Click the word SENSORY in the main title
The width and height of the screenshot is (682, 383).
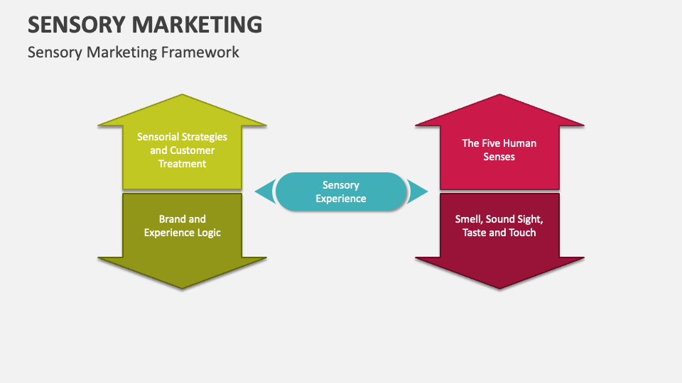point(77,24)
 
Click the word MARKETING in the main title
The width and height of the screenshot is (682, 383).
point(197,24)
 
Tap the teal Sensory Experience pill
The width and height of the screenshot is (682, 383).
point(341,191)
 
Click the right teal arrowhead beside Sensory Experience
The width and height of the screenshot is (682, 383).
point(419,191)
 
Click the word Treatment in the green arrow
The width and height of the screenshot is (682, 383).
point(183,164)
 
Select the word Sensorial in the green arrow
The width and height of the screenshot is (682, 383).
point(158,137)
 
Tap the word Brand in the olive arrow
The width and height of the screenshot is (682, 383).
point(173,219)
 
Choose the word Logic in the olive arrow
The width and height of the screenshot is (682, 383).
point(207,233)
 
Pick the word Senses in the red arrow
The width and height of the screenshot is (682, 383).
point(499,157)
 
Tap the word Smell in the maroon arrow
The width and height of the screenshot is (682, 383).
point(469,219)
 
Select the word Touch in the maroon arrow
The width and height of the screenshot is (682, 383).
point(522,233)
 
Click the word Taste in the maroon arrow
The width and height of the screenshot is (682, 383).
point(476,233)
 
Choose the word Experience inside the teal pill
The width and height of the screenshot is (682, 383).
point(341,199)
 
